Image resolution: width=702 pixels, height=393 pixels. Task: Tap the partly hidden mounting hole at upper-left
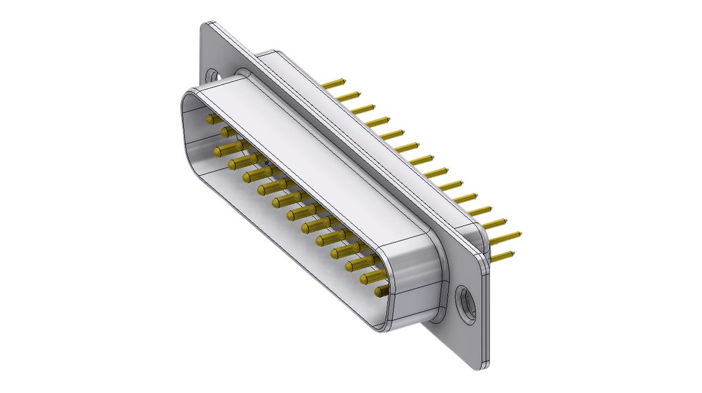coord(211,72)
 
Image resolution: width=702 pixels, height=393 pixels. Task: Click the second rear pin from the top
coord(349,96)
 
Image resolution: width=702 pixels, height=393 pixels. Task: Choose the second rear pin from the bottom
coord(509,238)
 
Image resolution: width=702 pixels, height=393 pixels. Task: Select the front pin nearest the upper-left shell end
coord(211,119)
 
